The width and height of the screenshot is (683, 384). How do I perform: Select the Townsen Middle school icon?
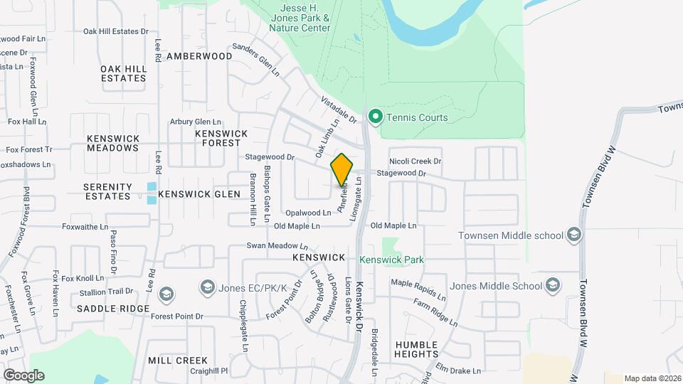coord(574,235)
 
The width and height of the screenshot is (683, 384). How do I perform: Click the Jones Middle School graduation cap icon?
coord(552,286)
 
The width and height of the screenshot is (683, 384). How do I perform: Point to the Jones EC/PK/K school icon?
coord(208,287)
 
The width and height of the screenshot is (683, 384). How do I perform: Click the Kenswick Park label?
coord(391,260)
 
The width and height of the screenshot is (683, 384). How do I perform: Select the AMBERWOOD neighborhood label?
coord(199,56)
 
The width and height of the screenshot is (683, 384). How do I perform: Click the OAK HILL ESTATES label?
coord(124,73)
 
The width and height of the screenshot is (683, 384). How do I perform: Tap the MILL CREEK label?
coord(178,361)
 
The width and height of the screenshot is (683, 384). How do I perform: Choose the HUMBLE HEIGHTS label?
coord(416,348)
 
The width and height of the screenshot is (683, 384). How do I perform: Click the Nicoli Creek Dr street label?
coord(415,162)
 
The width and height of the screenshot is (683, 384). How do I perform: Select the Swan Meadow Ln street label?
coord(272,245)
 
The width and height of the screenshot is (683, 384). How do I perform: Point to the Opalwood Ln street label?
coord(308,213)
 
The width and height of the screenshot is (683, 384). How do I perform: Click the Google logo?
coord(23,375)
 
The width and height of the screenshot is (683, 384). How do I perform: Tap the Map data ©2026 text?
coord(652,378)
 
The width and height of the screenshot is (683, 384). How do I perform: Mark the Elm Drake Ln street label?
coord(459,370)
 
